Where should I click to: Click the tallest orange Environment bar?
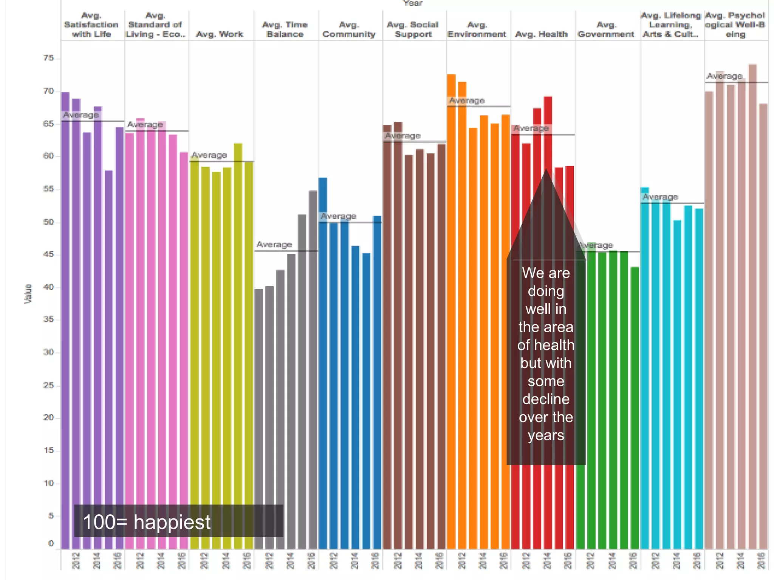click(451, 310)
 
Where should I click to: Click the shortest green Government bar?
click(635, 408)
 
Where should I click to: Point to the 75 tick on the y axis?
click(49, 58)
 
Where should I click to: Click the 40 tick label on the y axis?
click(49, 287)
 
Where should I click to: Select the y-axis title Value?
click(28, 293)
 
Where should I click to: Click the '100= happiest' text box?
click(178, 521)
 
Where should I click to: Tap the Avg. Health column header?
click(541, 34)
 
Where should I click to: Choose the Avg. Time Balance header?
click(285, 29)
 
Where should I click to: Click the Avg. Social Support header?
click(413, 29)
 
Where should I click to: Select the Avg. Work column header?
click(220, 34)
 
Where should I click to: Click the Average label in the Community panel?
click(338, 216)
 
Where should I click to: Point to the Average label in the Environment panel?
click(467, 100)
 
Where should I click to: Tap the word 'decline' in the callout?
click(546, 399)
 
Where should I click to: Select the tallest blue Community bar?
click(323, 362)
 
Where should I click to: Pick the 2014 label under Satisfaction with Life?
click(97, 560)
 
